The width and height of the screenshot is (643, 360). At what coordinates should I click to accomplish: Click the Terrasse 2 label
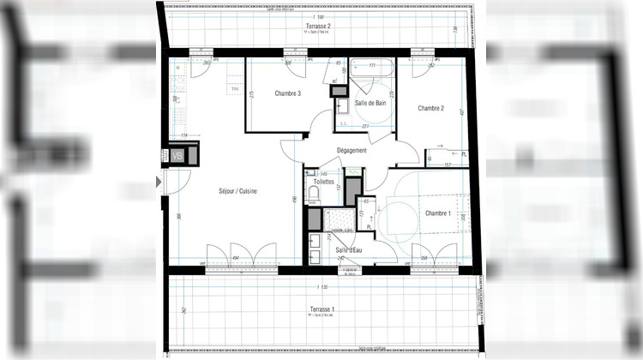(x=317, y=27)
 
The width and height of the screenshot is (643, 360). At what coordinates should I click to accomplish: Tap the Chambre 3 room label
(x=287, y=93)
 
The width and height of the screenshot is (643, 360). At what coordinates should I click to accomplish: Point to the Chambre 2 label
(x=430, y=108)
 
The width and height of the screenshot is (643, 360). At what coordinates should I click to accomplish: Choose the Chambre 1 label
(x=437, y=213)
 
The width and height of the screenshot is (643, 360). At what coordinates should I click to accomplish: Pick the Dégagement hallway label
(x=352, y=150)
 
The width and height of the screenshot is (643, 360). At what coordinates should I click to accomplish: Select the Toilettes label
(x=324, y=182)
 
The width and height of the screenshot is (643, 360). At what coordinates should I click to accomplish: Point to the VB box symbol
(x=177, y=156)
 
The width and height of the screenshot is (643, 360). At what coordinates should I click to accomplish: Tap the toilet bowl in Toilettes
(x=313, y=197)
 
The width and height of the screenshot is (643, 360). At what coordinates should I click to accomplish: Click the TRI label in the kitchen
(x=232, y=90)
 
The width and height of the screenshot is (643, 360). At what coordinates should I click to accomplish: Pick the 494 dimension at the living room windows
(x=235, y=257)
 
